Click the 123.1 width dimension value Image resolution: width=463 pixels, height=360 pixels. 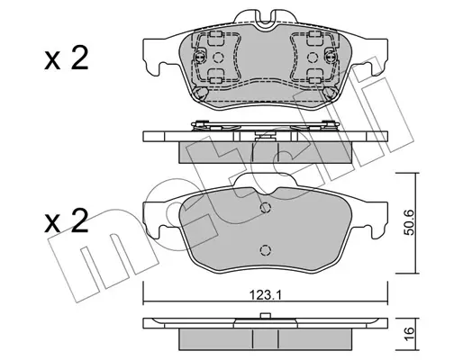pos(266,296)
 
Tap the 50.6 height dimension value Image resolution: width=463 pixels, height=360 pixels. pos(410,222)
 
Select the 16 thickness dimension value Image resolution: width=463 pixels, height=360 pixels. pos(410,331)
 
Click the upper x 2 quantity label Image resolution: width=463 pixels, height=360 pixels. pos(67,59)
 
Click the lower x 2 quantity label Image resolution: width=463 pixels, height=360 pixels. pos(67,221)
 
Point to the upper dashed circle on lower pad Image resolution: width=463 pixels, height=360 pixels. pos(266,207)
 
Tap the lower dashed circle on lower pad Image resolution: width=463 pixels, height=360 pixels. pos(266,250)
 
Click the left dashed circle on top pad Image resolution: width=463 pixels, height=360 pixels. pos(218,57)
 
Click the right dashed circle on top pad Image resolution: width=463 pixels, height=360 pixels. pos(313,57)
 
